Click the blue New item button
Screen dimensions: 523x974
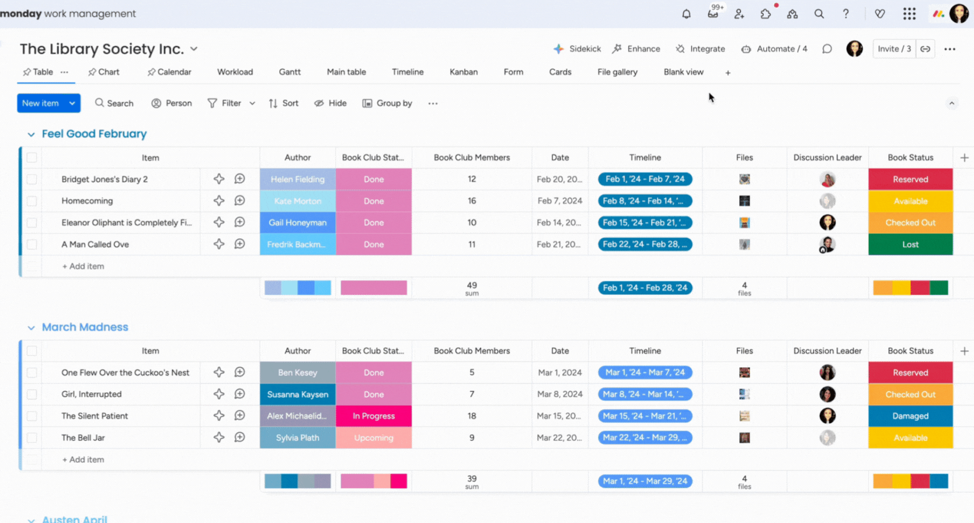[40, 103]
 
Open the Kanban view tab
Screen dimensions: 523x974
[463, 72]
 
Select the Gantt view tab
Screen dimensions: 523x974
[290, 72]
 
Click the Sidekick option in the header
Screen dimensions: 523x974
[577, 49]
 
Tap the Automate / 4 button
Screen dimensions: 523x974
[774, 49]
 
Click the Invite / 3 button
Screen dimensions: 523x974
[893, 49]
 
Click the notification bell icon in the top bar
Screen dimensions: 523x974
[686, 14]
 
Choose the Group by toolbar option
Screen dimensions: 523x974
[387, 103]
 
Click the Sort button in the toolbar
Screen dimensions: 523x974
[284, 103]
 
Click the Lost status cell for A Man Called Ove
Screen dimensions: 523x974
[910, 245]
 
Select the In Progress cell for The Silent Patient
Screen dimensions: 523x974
[374, 416]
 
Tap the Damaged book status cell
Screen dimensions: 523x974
[910, 416]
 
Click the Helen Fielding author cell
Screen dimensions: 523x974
[297, 179]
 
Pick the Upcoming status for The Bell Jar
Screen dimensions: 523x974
[374, 438]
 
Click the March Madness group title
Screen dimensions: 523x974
[85, 327]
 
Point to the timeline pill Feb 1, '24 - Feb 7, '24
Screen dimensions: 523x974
[645, 179]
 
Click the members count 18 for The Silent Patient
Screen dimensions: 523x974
[471, 416]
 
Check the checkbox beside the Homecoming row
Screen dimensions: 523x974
[32, 201]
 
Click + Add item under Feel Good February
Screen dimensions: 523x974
[84, 266]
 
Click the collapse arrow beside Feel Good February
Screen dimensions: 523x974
[31, 134]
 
